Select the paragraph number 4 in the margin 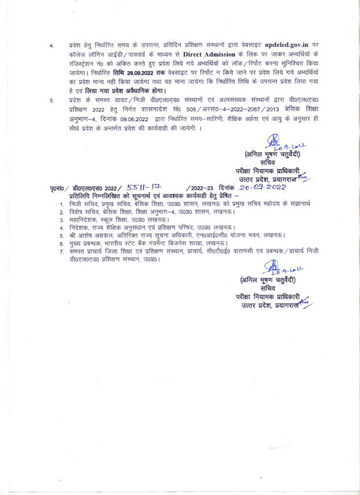tap(52, 45)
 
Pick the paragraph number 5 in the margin tap(52, 100)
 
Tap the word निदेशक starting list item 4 tap(79, 228)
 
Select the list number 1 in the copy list tap(61, 204)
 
